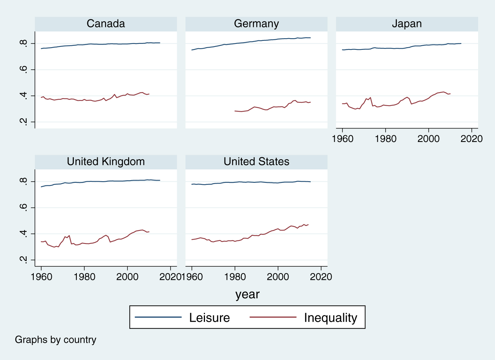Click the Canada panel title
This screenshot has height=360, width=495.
point(106,24)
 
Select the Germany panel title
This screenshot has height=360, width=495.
point(256,24)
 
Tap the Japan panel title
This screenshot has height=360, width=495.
point(407,24)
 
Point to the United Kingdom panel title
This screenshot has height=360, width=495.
point(106,161)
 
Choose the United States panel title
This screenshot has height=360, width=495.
point(256,161)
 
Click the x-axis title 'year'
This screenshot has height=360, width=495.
point(247,294)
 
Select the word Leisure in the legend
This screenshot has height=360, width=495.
point(209,318)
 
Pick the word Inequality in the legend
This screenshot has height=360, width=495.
point(330,318)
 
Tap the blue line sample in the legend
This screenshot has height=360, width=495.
point(158,317)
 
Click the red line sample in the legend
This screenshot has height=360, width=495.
point(273,317)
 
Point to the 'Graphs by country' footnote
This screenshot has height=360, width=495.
point(55,340)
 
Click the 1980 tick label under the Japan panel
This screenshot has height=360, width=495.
point(386,139)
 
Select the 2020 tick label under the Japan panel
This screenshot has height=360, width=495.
point(471,139)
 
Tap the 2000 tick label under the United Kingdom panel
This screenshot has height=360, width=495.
point(127,277)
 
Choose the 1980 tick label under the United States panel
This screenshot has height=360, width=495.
point(235,277)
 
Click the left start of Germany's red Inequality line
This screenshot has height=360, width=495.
point(235,111)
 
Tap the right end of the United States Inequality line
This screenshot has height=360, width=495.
point(308,224)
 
